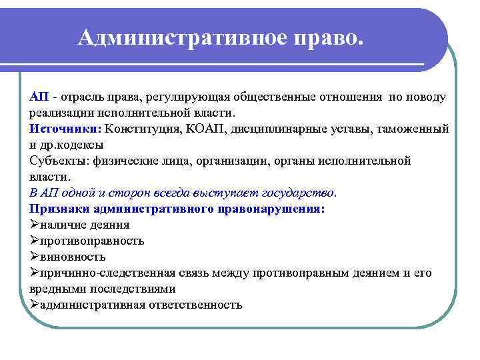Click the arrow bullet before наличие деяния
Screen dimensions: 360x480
pyautogui.click(x=35, y=225)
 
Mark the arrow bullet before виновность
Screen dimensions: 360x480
pyautogui.click(x=35, y=257)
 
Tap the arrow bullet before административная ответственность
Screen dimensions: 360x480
pyautogui.click(x=35, y=305)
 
